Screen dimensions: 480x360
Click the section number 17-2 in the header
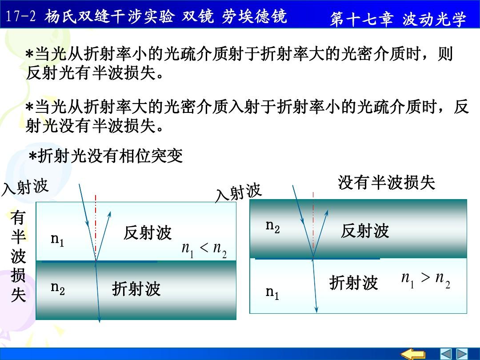pyautogui.click(x=21, y=16)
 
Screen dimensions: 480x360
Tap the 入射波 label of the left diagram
pyautogui.click(x=25, y=186)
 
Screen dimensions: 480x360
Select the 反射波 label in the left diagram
pyautogui.click(x=148, y=232)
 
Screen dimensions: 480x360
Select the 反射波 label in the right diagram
pyautogui.click(x=365, y=231)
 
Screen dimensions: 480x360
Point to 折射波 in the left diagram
pyautogui.click(x=136, y=289)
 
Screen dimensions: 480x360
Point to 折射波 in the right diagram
pyautogui.click(x=354, y=282)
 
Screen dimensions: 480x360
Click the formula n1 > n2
pyautogui.click(x=426, y=280)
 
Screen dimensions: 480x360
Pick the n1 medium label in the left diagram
pyautogui.click(x=57, y=240)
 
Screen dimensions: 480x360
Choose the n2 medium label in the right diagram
pyautogui.click(x=272, y=227)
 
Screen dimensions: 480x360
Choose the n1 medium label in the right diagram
pyautogui.click(x=272, y=293)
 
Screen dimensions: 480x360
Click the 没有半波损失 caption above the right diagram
pyautogui.click(x=386, y=183)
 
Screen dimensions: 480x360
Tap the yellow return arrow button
pyautogui.click(x=413, y=354)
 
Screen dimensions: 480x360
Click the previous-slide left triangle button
pyautogui.click(x=446, y=354)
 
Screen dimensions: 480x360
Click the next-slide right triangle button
pyautogui.click(x=462, y=354)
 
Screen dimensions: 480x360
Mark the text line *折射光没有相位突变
pyautogui.click(x=106, y=156)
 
